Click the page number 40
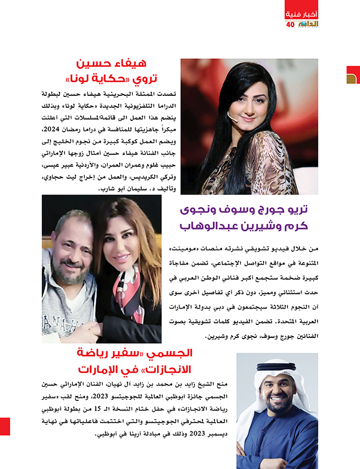[290, 24]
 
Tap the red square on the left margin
[5, 426]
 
